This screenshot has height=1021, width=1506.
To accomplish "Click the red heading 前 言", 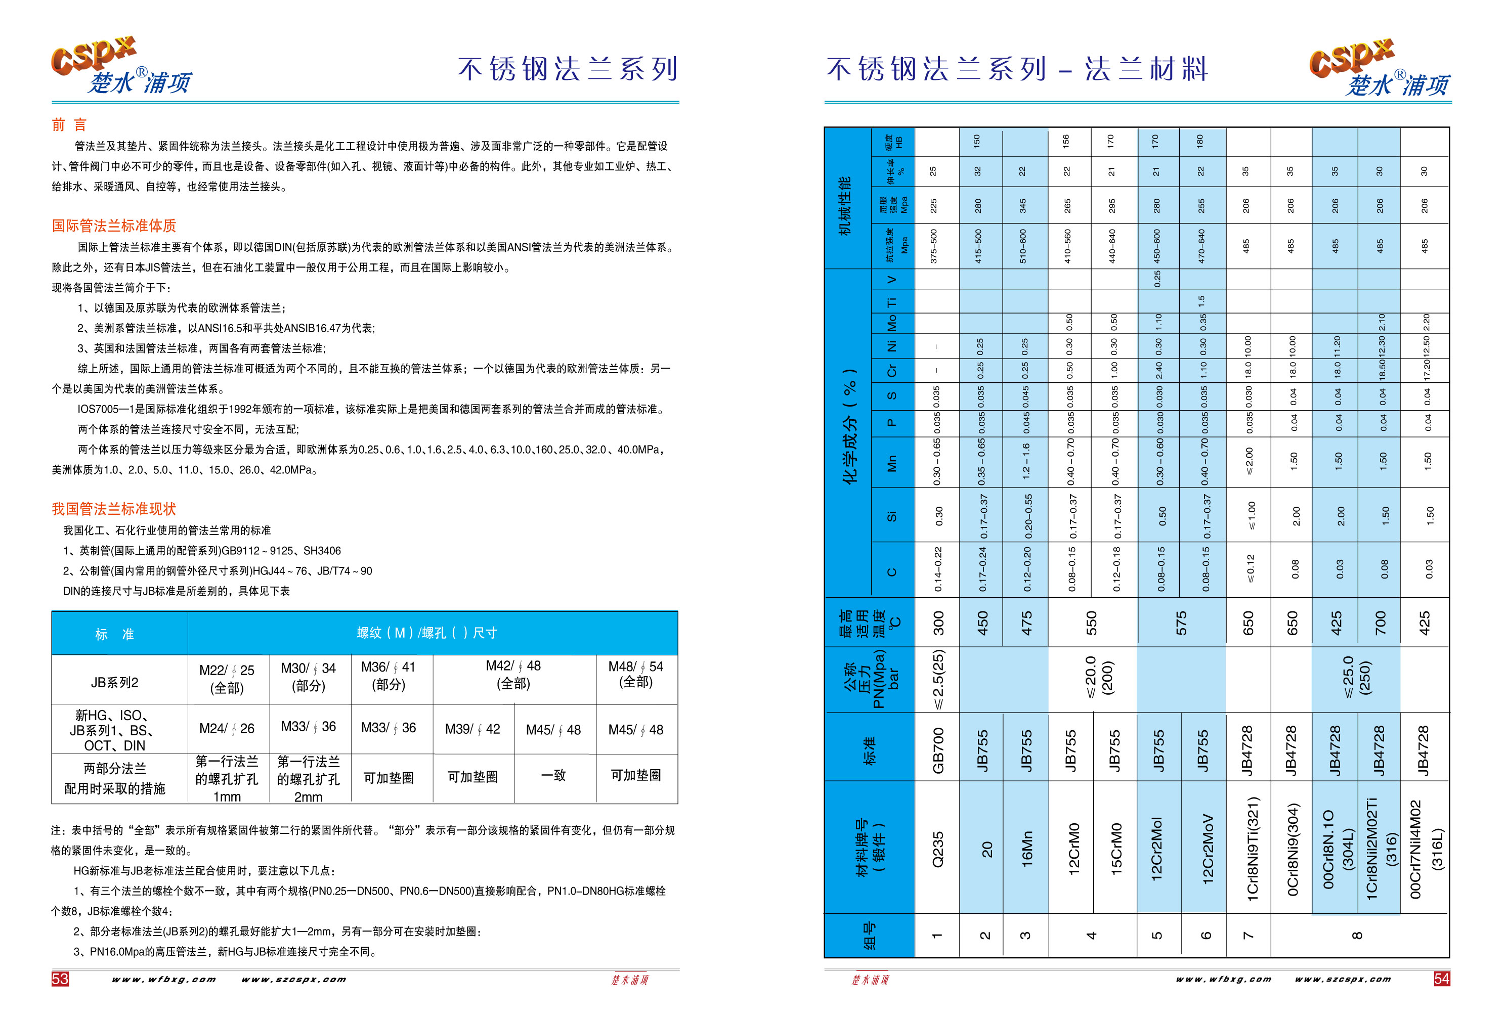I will click(x=69, y=124).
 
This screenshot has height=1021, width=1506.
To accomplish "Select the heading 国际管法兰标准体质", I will click(x=114, y=226).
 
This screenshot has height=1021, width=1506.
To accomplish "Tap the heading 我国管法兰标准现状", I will click(x=114, y=509).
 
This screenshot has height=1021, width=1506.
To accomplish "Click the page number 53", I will click(x=60, y=978).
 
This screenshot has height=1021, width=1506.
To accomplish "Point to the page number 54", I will click(x=1441, y=978).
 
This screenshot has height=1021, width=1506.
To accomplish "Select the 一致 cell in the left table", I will click(x=554, y=775).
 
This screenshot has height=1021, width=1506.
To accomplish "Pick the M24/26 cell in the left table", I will click(x=227, y=729).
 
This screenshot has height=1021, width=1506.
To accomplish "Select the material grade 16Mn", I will click(x=1026, y=849).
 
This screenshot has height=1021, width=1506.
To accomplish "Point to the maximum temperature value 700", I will click(x=1380, y=623).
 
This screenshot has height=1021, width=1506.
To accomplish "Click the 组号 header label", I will click(x=869, y=936).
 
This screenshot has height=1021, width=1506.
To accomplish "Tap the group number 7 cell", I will click(x=1248, y=936).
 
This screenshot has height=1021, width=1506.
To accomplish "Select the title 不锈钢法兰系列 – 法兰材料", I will click(x=1017, y=69).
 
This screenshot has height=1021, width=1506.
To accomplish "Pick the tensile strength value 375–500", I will click(x=934, y=246).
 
